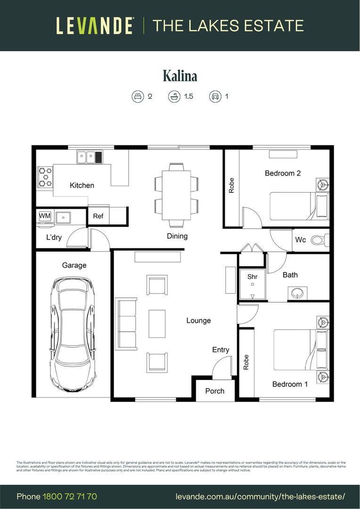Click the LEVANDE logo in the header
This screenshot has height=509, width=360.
(95, 25)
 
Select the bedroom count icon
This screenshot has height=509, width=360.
(137, 97)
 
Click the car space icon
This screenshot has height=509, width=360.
(215, 97)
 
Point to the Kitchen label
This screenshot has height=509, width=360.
(82, 185)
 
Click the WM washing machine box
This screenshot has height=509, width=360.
(45, 216)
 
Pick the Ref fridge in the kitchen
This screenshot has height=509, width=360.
(98, 216)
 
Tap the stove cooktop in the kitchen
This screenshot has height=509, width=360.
(45, 177)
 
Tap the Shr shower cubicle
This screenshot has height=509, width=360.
(252, 284)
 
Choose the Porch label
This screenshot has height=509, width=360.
(215, 391)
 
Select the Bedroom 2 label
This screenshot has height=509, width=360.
(283, 173)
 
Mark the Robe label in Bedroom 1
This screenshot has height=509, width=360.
(246, 362)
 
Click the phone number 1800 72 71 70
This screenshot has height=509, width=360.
(70, 496)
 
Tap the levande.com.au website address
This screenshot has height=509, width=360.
(260, 496)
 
